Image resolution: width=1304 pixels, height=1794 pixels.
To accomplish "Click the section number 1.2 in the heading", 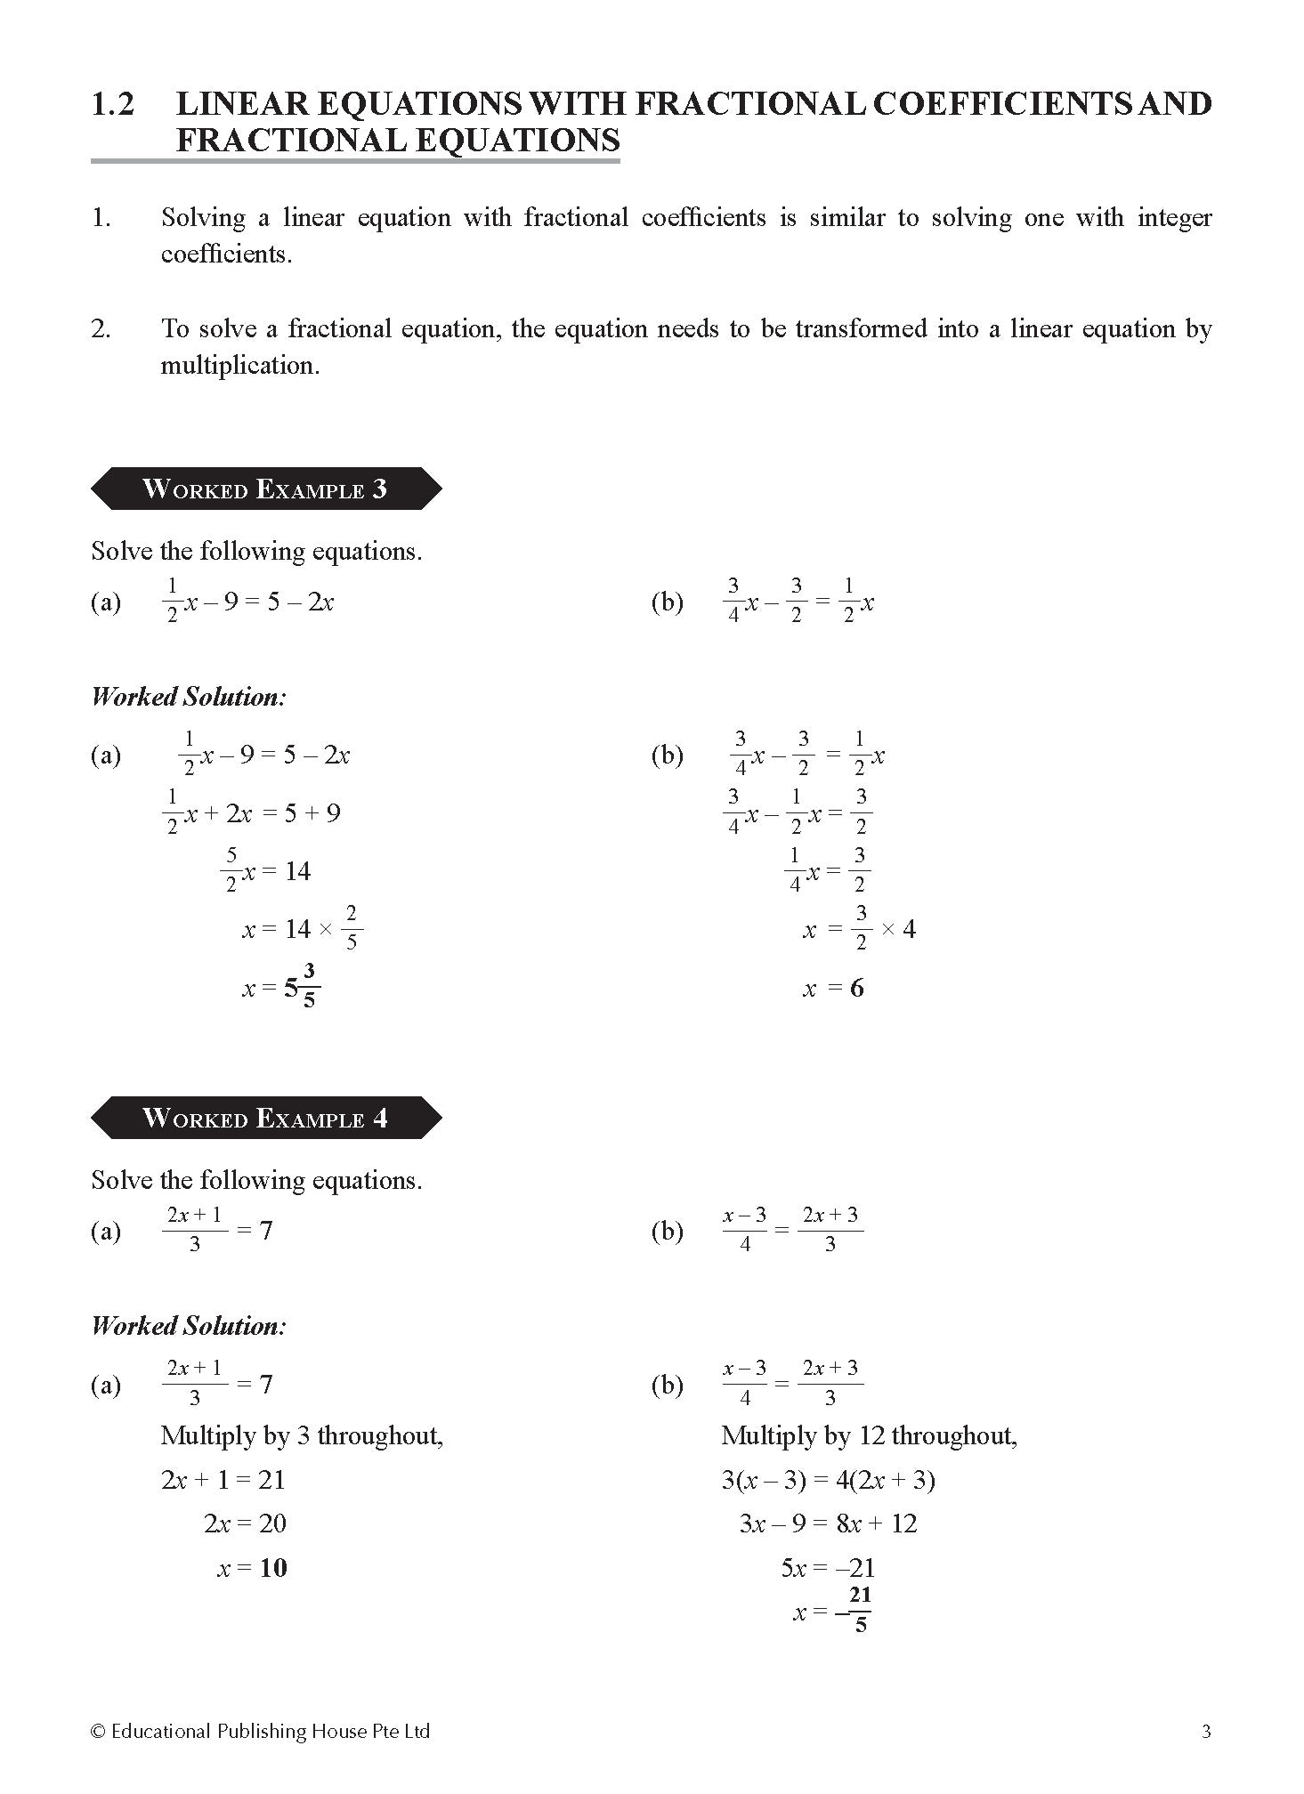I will tap(113, 104).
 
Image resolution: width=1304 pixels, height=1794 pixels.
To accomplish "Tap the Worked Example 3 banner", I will tap(265, 489).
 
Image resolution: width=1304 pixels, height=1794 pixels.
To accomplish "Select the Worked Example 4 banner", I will tap(265, 1118).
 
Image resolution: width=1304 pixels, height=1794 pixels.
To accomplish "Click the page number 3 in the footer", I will tap(1206, 1731).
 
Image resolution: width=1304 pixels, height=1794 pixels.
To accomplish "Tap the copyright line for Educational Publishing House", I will tap(261, 1731).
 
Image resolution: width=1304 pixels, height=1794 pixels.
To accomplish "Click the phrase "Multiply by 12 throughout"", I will tap(868, 1435).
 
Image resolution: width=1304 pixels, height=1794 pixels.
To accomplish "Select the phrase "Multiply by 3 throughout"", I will tap(301, 1435).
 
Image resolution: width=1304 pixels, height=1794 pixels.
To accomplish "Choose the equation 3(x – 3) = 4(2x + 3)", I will tap(828, 1480).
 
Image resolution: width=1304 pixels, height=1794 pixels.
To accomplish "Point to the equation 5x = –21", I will tap(828, 1567).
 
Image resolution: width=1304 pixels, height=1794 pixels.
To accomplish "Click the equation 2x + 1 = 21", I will tap(223, 1480).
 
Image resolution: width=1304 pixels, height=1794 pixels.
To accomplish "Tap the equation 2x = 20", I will tap(245, 1523).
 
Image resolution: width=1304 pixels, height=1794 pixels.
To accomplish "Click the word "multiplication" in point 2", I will tap(239, 366).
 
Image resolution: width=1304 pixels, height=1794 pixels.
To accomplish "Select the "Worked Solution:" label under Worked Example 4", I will tap(189, 1326).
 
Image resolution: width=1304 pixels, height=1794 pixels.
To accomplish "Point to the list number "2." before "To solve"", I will tap(101, 329).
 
